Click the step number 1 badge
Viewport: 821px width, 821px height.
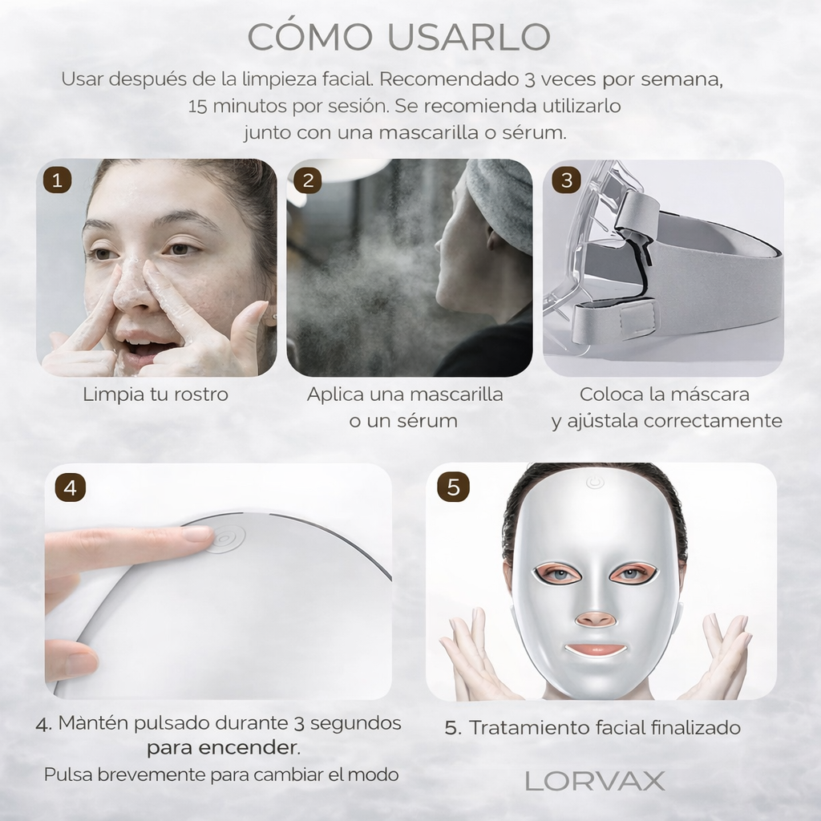(57, 180)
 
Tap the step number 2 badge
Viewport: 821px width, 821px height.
(308, 180)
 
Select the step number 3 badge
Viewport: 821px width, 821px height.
(567, 180)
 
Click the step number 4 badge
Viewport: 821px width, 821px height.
(71, 487)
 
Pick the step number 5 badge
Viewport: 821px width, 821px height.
(453, 487)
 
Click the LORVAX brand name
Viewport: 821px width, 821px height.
(595, 781)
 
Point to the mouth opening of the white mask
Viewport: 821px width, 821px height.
(594, 649)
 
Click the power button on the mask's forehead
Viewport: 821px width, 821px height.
(594, 483)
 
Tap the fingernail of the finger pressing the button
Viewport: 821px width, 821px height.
(196, 534)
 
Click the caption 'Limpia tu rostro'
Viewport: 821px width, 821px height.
(156, 394)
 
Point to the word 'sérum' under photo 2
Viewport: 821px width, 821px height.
(431, 421)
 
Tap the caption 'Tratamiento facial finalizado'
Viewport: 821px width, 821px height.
(592, 727)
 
